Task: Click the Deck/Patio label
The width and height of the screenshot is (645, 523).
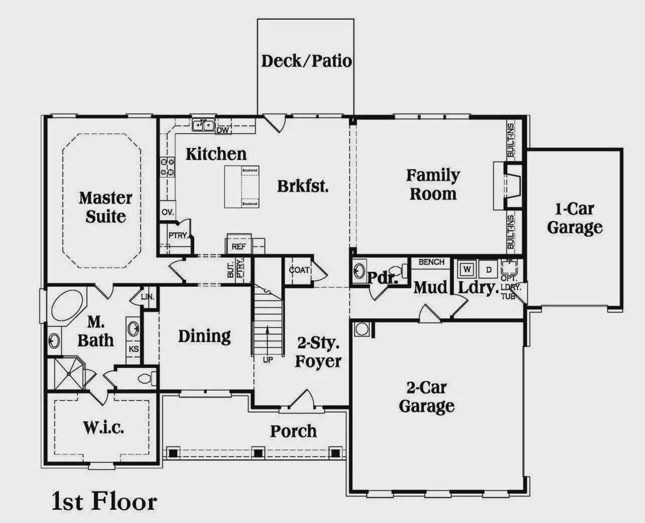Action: [306, 61]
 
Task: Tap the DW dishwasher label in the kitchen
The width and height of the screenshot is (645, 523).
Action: [222, 130]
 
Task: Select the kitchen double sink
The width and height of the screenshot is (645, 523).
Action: [204, 124]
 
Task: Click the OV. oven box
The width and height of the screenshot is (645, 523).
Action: [167, 212]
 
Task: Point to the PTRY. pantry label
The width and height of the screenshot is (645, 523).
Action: [178, 235]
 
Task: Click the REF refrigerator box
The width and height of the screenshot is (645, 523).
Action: [238, 246]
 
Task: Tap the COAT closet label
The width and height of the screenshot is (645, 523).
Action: [299, 270]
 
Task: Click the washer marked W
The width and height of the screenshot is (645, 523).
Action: [467, 269]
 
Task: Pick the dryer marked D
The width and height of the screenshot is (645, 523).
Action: [488, 269]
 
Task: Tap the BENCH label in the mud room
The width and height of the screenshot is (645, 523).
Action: [431, 262]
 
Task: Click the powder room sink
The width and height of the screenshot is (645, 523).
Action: [359, 271]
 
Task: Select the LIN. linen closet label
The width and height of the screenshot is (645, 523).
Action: [147, 297]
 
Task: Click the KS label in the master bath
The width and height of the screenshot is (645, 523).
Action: [134, 349]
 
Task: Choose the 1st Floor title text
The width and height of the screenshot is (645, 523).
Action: [104, 502]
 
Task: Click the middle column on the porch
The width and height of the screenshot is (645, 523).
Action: [258, 452]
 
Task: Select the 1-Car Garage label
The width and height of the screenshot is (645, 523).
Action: [574, 218]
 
